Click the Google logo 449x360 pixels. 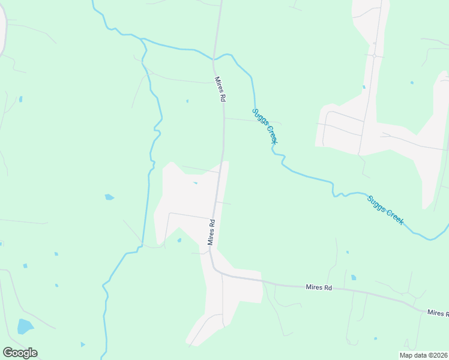pyautogui.click(x=20, y=353)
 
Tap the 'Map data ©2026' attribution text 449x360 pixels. pyautogui.click(x=423, y=355)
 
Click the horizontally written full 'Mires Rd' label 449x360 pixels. pyautogui.click(x=319, y=288)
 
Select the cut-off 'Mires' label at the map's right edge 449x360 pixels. pyautogui.click(x=438, y=313)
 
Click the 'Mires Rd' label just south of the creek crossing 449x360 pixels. pyautogui.click(x=220, y=88)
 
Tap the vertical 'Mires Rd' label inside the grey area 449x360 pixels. pyautogui.click(x=211, y=232)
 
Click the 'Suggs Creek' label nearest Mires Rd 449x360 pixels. pyautogui.click(x=265, y=126)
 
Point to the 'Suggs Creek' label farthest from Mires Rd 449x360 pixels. pyautogui.click(x=385, y=209)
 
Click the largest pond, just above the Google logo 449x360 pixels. pyautogui.click(x=25, y=326)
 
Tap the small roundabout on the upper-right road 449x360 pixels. pyautogui.click(x=374, y=56)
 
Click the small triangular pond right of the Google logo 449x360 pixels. pyautogui.click(x=83, y=344)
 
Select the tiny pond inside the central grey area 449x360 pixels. pyautogui.click(x=195, y=183)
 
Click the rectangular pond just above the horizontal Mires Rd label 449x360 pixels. pyautogui.click(x=353, y=277)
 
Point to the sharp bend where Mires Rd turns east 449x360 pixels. pyautogui.click(x=214, y=268)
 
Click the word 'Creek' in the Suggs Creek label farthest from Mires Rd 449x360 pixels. pyautogui.click(x=394, y=216)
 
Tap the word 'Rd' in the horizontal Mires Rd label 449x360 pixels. pyautogui.click(x=328, y=288)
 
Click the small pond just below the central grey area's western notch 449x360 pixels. pyautogui.click(x=179, y=241)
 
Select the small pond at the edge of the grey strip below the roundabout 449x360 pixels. pyautogui.click(x=364, y=87)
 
